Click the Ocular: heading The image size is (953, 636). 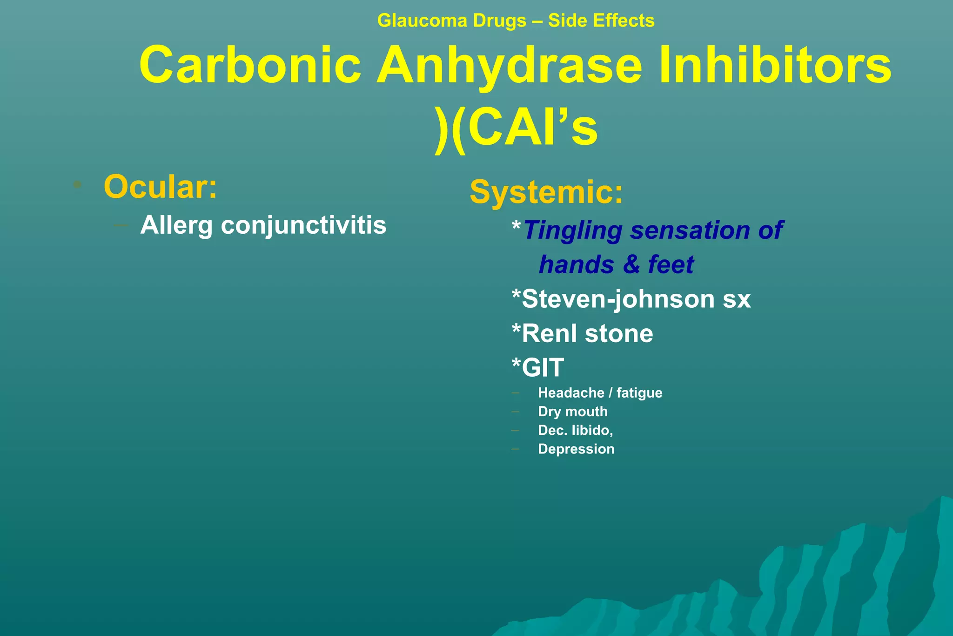[x=160, y=187]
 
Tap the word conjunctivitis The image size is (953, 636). [x=303, y=225]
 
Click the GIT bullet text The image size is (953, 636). [x=542, y=367]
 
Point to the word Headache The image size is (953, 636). [x=570, y=393]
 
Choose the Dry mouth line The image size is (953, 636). [x=572, y=412]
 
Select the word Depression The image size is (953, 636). [x=576, y=449]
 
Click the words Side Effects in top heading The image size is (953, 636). [x=601, y=21]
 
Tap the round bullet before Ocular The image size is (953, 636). [x=78, y=185]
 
